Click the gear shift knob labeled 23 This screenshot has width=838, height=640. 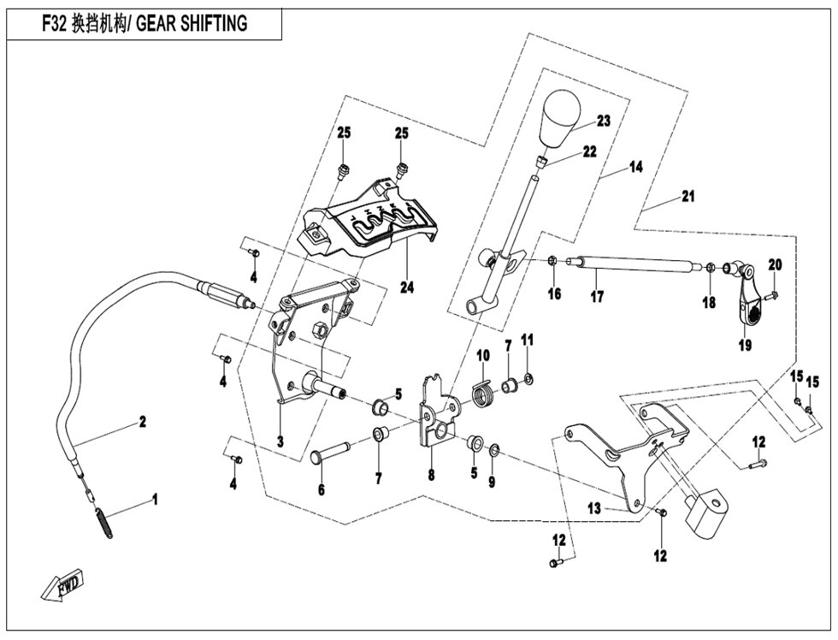(x=561, y=117)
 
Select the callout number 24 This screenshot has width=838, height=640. (x=407, y=287)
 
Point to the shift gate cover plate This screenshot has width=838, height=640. (x=369, y=219)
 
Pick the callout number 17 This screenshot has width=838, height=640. (x=597, y=296)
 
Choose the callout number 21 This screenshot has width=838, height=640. (x=688, y=196)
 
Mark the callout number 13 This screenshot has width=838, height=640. (x=594, y=508)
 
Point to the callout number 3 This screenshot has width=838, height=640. (x=280, y=441)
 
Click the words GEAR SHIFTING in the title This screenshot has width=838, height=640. (x=192, y=23)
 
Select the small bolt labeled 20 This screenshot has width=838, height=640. (x=773, y=294)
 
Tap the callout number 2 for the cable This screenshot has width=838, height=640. (x=142, y=422)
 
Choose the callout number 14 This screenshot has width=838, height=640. (x=635, y=167)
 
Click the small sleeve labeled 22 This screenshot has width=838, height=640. (x=542, y=161)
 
